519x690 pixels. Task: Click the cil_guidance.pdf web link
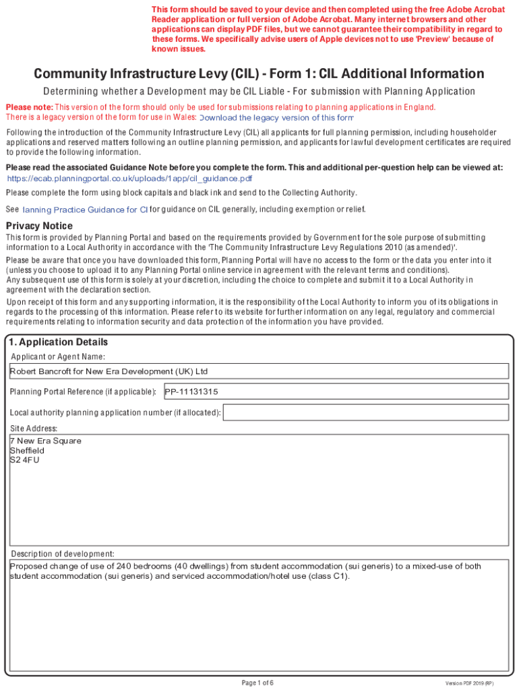pos(129,179)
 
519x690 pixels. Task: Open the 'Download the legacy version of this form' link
pos(276,118)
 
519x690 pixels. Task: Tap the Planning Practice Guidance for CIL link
pos(85,210)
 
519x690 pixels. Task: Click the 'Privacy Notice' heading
pos(39,226)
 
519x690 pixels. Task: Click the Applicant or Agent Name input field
pos(259,371)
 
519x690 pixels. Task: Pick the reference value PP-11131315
pos(192,391)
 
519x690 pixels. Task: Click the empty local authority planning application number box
pos(365,412)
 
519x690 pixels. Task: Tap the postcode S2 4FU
pos(24,460)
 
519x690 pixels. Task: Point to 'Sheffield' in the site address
pos(27,451)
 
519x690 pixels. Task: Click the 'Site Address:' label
pos(34,429)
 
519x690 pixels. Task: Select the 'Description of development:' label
pos(62,554)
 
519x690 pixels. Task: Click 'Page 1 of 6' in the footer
pos(257,683)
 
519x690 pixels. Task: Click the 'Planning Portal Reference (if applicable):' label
pos(83,392)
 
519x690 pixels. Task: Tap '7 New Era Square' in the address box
pos(46,441)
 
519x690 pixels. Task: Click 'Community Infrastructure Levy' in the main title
pos(130,73)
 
